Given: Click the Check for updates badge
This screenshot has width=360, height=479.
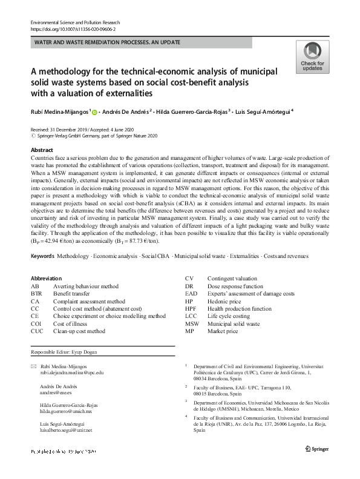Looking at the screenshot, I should coord(312,57).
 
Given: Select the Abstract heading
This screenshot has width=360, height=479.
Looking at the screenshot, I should coord(42,150).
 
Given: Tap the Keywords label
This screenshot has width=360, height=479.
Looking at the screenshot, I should coord(42,257).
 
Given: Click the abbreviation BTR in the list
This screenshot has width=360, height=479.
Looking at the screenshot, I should coord(36,293).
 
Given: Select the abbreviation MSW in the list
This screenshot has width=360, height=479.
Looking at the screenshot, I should coord(192,324).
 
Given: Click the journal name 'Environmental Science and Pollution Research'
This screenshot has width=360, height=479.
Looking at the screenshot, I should coord(74,22).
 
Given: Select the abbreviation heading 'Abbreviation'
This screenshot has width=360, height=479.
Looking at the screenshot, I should coord(46,278).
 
